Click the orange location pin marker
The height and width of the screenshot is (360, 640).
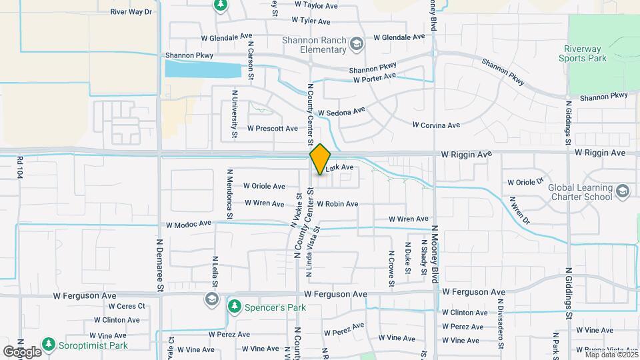pyautogui.click(x=320, y=159)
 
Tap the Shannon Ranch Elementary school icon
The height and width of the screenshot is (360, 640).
pyautogui.click(x=357, y=45)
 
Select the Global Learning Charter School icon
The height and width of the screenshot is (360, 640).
pyautogui.click(x=623, y=192)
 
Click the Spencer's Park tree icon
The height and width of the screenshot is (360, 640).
pyautogui.click(x=234, y=306)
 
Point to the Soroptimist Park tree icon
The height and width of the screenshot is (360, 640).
pyautogui.click(x=48, y=345)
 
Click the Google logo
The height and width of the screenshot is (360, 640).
pyautogui.click(x=22, y=351)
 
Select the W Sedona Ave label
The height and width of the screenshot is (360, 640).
pyautogui.click(x=342, y=111)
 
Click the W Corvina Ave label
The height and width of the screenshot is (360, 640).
pyautogui.click(x=436, y=125)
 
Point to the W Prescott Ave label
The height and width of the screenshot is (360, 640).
pyautogui.click(x=272, y=128)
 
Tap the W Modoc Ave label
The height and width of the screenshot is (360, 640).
pyautogui.click(x=189, y=224)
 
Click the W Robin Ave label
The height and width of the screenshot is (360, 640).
pyautogui.click(x=337, y=203)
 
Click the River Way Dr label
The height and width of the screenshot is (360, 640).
pyautogui.click(x=131, y=12)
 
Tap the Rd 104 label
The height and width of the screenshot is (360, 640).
pyautogui.click(x=20, y=167)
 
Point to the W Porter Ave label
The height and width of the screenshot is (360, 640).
pyautogui.click(x=375, y=79)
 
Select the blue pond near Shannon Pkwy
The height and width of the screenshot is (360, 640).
pyautogui.click(x=203, y=69)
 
